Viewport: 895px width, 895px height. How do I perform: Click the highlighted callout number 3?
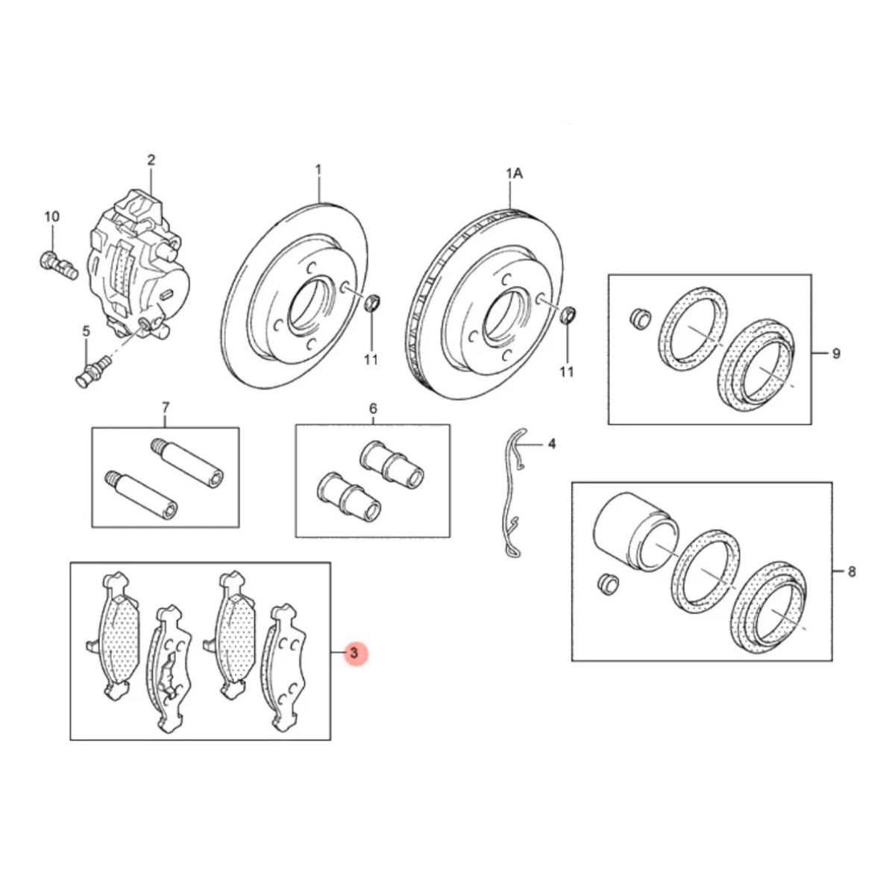(354, 653)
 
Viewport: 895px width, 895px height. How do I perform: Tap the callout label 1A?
(514, 173)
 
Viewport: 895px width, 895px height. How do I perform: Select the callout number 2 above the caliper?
(151, 160)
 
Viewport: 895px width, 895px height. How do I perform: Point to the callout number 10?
(52, 216)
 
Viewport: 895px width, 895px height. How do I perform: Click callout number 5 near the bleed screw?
(87, 331)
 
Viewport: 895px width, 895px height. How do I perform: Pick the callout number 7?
(166, 408)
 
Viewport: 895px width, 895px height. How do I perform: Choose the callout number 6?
(373, 409)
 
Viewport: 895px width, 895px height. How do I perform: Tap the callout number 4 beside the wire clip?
(552, 444)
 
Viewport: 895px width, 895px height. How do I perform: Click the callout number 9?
(836, 354)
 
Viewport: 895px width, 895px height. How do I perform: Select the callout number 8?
(851, 572)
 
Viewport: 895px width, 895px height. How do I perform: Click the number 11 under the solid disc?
(371, 360)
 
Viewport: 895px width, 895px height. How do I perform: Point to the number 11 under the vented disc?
(567, 371)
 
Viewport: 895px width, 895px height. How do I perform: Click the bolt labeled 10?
(58, 266)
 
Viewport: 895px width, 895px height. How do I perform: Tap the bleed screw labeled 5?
(93, 370)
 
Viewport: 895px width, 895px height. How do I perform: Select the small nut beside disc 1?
(372, 303)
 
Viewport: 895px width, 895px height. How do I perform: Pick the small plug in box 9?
(639, 318)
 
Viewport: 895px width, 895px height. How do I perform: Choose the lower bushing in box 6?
(349, 497)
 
